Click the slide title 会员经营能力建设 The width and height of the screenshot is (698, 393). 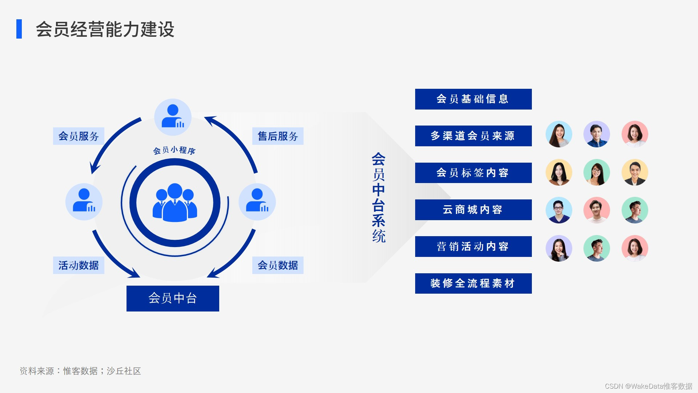[x=105, y=29]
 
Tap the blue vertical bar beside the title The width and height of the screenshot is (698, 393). [x=19, y=29]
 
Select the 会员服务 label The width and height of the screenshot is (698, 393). [x=79, y=136]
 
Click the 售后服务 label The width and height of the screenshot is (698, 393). [x=278, y=136]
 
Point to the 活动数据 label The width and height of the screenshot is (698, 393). [x=79, y=265]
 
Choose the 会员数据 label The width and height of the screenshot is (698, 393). [x=278, y=265]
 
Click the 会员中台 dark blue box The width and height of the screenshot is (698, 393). [x=173, y=298]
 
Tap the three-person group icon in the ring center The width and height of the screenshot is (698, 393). [x=175, y=203]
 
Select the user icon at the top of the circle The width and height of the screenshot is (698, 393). [x=173, y=117]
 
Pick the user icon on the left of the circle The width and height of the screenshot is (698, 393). [x=84, y=202]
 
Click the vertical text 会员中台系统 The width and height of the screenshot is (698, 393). [x=378, y=198]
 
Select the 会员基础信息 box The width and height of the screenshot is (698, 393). [x=473, y=99]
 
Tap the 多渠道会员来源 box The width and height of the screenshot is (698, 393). [x=473, y=136]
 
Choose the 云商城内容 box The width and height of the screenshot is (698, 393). [x=473, y=210]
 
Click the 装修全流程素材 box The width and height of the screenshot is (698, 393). [x=473, y=283]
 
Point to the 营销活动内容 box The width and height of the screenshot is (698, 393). [x=473, y=246]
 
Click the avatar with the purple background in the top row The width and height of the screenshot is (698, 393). [x=597, y=134]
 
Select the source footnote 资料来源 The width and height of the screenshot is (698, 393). [x=80, y=371]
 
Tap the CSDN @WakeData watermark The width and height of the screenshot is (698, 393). [x=648, y=386]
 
